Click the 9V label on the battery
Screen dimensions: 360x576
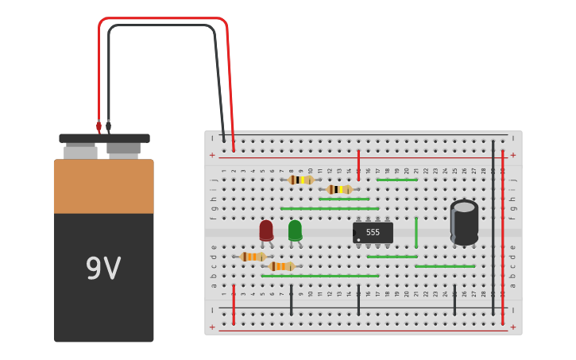103,269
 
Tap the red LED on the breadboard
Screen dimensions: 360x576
266,230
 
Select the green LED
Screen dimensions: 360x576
295,230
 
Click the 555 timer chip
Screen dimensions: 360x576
373,232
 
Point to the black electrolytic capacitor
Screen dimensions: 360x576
464,222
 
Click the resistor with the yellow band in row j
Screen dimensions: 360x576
301,180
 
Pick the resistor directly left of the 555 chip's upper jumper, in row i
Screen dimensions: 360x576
339,189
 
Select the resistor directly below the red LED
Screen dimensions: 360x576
253,257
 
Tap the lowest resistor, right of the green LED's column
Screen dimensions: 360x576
281,266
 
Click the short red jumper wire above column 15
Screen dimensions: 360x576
358,165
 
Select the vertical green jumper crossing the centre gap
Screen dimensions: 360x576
416,232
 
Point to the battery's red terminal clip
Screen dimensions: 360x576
99,126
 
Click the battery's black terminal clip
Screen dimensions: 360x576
108,126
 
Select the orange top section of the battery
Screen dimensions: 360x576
103,186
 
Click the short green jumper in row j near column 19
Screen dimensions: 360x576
396,180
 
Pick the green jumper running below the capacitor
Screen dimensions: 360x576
445,266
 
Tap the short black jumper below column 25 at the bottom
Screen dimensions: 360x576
454,300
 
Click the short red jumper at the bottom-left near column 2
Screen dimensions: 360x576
234,304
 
